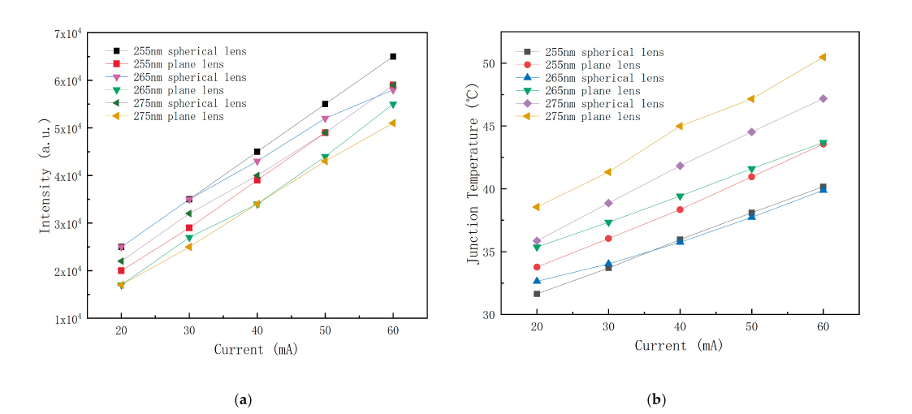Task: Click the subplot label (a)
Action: tap(242, 399)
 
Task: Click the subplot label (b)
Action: tap(656, 399)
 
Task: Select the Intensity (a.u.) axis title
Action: tap(46, 177)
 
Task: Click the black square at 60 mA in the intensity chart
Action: tap(393, 57)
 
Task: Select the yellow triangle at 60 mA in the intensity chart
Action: tap(393, 123)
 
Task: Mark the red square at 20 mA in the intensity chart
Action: tap(121, 270)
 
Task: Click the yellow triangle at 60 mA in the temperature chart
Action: tap(823, 57)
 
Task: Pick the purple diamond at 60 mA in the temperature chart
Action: tap(823, 98)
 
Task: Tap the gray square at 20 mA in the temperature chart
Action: tap(537, 294)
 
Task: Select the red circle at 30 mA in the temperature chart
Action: tap(608, 239)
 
